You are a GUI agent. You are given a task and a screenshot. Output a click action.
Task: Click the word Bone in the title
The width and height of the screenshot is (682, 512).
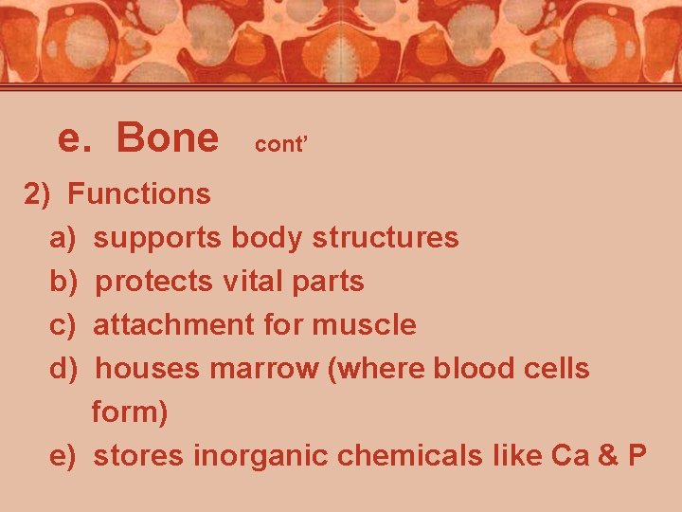[x=167, y=138]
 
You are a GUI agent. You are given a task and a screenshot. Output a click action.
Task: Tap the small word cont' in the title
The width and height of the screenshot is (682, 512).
[x=282, y=144]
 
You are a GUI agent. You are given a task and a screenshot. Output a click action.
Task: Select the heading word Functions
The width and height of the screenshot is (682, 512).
[x=139, y=194]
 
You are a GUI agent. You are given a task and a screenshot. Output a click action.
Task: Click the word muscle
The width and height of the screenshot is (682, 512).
[x=364, y=325]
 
